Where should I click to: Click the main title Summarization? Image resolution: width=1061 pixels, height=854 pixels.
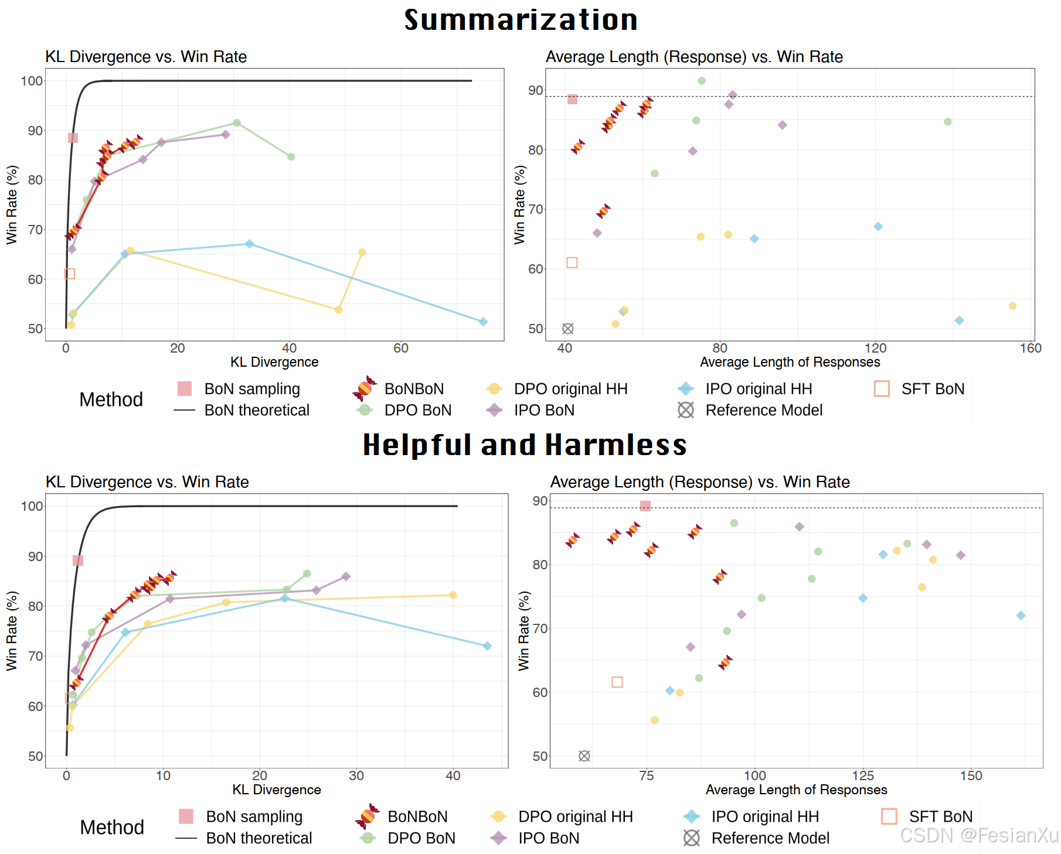[521, 20]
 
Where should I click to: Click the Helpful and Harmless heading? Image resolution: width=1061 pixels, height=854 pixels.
[525, 445]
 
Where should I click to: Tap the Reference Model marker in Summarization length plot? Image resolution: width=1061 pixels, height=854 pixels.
[567, 329]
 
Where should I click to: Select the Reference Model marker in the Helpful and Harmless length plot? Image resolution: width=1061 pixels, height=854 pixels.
[584, 756]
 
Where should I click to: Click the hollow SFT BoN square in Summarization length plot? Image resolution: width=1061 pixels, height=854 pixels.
[572, 262]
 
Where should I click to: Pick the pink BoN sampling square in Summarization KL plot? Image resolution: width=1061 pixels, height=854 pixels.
[73, 138]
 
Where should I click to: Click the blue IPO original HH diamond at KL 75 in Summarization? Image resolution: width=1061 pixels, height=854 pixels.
[483, 322]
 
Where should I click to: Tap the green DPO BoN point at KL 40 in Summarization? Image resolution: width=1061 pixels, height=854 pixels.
[291, 156]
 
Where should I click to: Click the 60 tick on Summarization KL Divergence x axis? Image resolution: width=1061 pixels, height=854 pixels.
[401, 349]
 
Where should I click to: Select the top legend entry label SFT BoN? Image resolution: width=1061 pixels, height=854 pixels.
[933, 389]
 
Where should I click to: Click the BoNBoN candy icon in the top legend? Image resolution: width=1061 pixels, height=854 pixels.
[364, 388]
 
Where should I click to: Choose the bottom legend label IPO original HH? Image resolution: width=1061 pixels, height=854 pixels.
[765, 817]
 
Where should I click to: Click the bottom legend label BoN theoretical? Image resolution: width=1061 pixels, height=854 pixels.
[259, 838]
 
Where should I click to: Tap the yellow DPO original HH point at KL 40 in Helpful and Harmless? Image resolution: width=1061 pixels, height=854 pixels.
[453, 595]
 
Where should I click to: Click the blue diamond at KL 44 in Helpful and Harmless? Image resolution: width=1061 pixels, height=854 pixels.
[487, 646]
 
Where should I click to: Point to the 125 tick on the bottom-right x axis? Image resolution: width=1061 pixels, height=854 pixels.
[863, 776]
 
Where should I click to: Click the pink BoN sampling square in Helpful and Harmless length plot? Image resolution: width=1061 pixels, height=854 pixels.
[645, 506]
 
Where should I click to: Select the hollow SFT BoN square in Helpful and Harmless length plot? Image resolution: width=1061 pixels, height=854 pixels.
[617, 682]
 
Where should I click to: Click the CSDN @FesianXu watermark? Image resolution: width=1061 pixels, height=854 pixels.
[978, 835]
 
